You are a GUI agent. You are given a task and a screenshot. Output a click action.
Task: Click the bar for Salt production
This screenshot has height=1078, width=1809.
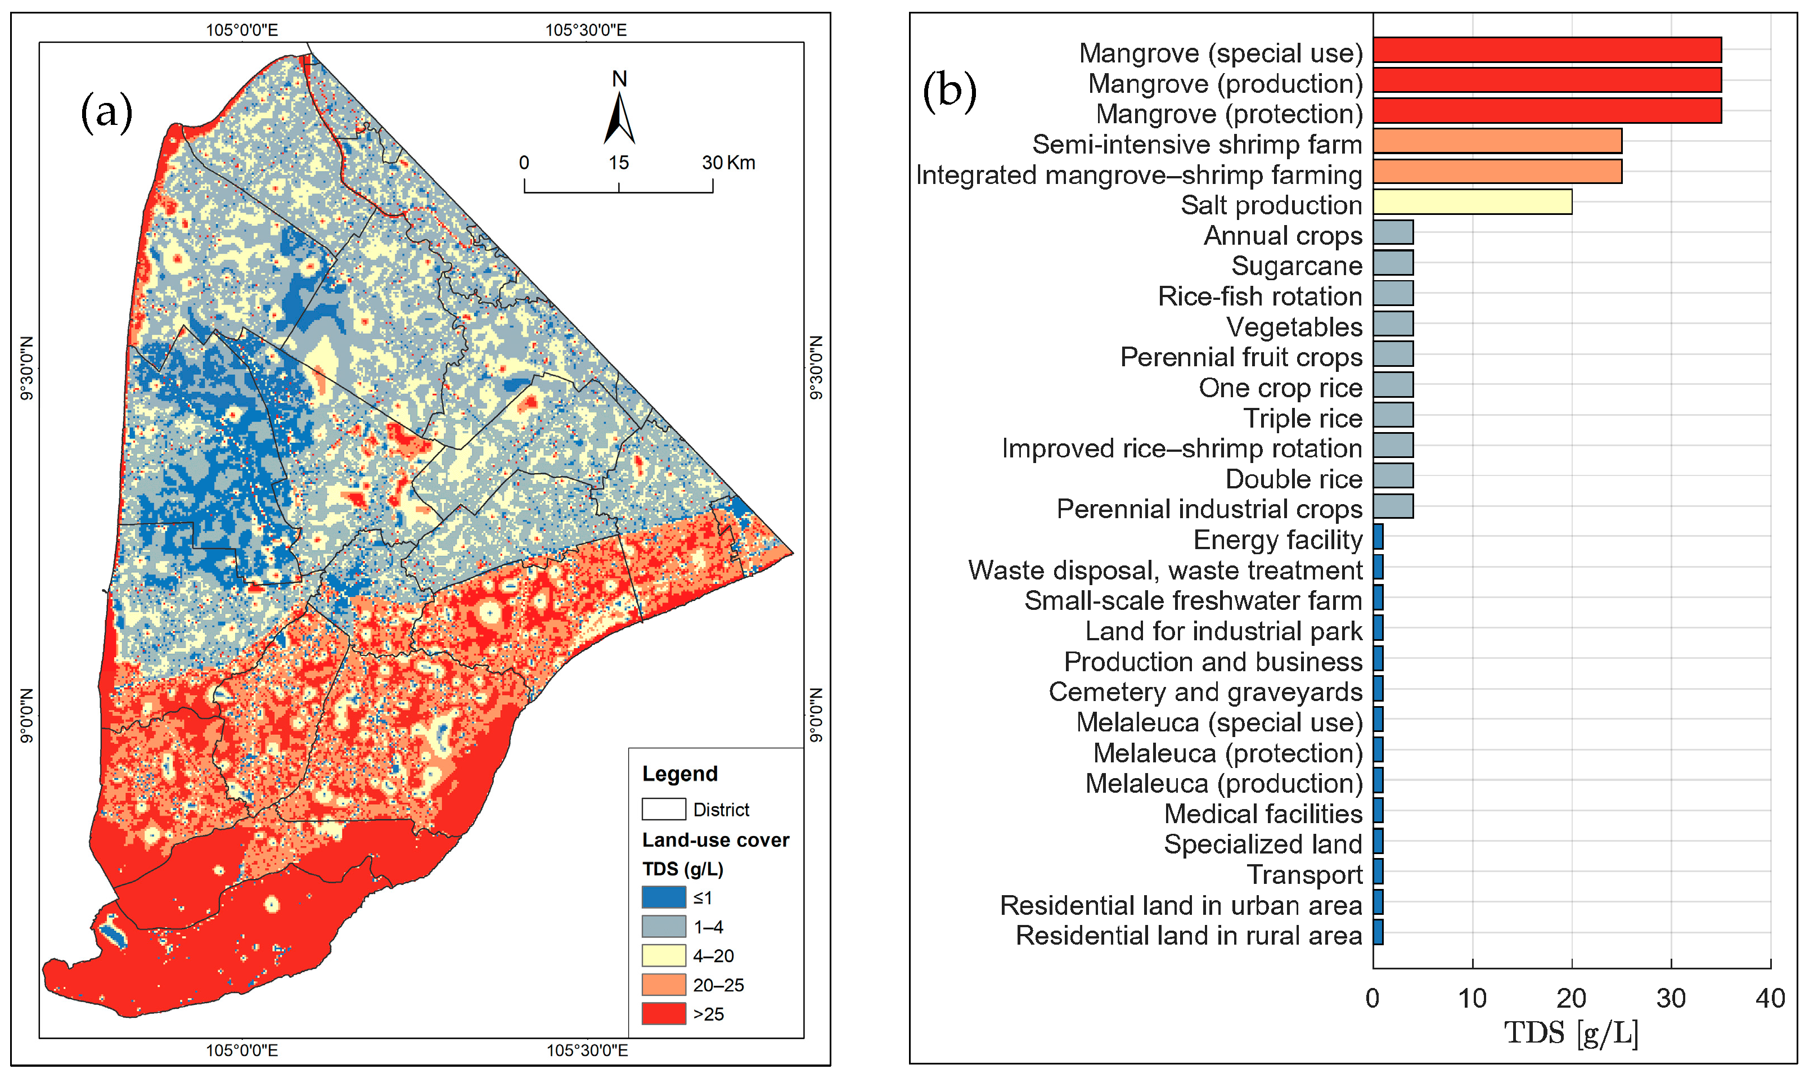tap(1471, 202)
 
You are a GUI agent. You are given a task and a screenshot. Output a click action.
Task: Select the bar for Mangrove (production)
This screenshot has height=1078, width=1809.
tap(1546, 80)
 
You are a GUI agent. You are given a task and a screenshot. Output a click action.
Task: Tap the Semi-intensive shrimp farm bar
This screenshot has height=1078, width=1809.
tap(1497, 141)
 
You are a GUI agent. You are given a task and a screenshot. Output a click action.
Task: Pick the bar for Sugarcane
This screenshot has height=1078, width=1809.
tap(1392, 263)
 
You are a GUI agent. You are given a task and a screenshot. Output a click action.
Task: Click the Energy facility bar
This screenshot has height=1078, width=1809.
tap(1378, 537)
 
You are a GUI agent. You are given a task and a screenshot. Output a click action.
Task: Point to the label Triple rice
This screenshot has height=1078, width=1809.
tap(1302, 419)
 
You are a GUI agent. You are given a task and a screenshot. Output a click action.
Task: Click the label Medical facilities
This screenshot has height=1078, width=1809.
tap(1262, 814)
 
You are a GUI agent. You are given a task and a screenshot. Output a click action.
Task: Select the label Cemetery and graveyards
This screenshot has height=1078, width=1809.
tap(1205, 691)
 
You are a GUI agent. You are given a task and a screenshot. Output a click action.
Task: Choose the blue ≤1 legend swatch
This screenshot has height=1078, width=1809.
tap(663, 897)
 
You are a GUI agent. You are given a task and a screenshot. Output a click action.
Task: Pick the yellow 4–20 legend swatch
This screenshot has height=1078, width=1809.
tap(663, 955)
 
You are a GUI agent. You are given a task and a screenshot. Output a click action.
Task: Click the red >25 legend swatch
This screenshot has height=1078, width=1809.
tap(663, 1013)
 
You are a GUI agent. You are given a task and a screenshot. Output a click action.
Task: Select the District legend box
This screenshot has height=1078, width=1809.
tap(663, 809)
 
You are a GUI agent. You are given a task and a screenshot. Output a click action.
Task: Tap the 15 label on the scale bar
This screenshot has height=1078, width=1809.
tap(618, 163)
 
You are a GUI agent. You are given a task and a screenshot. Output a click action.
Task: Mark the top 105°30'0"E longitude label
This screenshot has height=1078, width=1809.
tap(586, 30)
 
